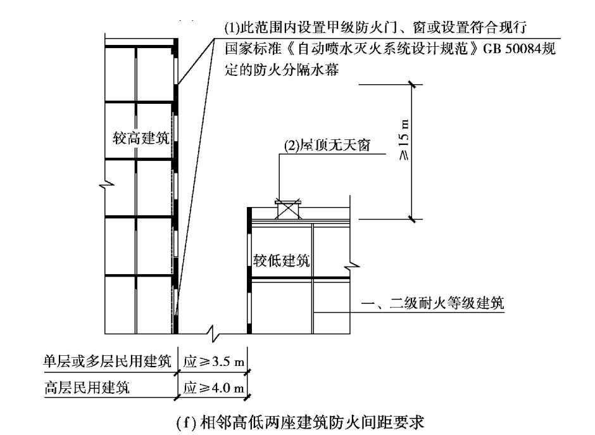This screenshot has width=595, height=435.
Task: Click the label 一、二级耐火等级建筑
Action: click(437, 305)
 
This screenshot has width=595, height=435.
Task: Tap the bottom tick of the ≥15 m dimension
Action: click(413, 220)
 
